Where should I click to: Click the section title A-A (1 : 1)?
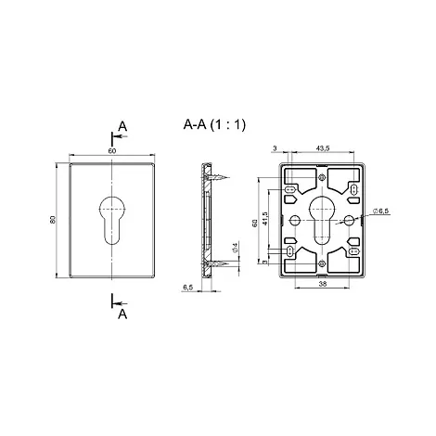coord(214,124)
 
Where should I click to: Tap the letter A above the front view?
coord(122,126)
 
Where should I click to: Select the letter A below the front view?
coord(122,314)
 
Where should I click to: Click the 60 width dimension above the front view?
coord(112,151)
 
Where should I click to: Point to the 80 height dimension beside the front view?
coord(52,219)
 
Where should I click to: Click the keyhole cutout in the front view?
coord(112,220)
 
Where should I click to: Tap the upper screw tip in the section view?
coord(228,177)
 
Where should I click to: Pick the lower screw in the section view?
coord(215,263)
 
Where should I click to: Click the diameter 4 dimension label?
coord(235,248)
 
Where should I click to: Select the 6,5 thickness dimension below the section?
coord(187,288)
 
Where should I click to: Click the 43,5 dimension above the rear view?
coord(323,148)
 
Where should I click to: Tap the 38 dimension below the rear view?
coord(323,284)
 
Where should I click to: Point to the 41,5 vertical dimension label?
coord(264,218)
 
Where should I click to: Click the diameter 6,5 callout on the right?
coord(381,211)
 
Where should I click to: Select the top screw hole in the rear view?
coord(322,177)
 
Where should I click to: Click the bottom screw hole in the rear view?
coord(322,263)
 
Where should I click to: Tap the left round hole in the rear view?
coord(295,220)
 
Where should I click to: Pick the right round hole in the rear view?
coord(350,220)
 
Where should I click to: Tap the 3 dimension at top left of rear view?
coord(275,148)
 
